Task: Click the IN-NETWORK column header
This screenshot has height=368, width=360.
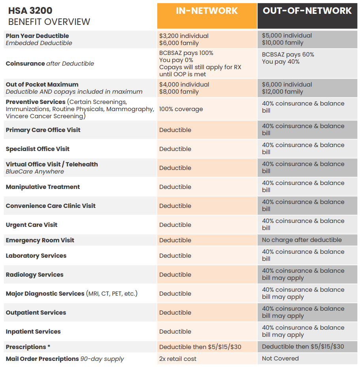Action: pos(207,11)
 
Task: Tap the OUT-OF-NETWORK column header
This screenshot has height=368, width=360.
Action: pos(307,11)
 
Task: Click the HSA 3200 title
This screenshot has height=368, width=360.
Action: pos(30,10)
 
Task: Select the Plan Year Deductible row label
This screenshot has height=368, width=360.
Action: pos(37,36)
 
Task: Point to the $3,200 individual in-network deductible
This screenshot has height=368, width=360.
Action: pos(184,36)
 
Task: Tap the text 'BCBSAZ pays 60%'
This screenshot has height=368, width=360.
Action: pos(288,55)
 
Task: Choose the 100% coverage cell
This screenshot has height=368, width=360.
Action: pos(181,109)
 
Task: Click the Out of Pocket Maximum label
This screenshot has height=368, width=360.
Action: pos(42,85)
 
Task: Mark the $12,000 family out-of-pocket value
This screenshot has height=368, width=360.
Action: pos(283,92)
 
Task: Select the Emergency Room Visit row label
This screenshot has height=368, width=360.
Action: pos(40,240)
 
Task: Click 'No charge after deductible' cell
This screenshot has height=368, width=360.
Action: pos(302,240)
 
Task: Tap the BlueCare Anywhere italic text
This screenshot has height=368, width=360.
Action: pos(35,172)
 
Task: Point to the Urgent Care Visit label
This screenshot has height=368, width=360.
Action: pos(32,225)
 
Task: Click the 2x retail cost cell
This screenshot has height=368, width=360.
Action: pos(178,359)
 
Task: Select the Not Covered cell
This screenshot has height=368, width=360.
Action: pos(280,359)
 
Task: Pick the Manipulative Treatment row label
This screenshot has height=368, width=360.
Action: pos(43,187)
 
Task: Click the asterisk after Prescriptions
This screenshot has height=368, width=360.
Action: pos(49,347)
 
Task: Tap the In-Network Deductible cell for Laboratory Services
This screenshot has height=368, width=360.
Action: pos(175,256)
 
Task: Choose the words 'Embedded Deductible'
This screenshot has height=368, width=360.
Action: pos(39,43)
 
